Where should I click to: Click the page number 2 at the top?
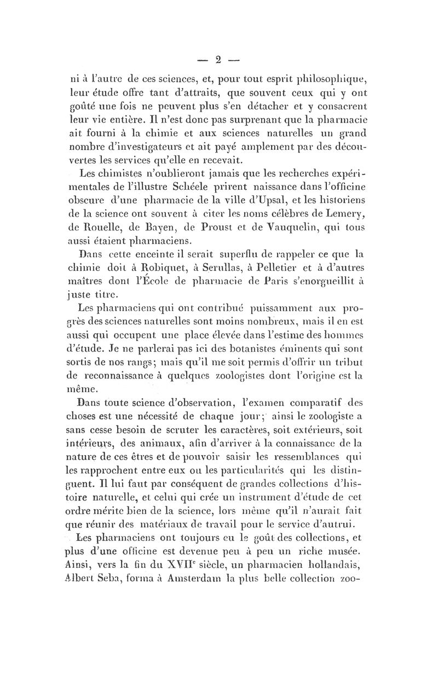[x=219, y=58]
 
